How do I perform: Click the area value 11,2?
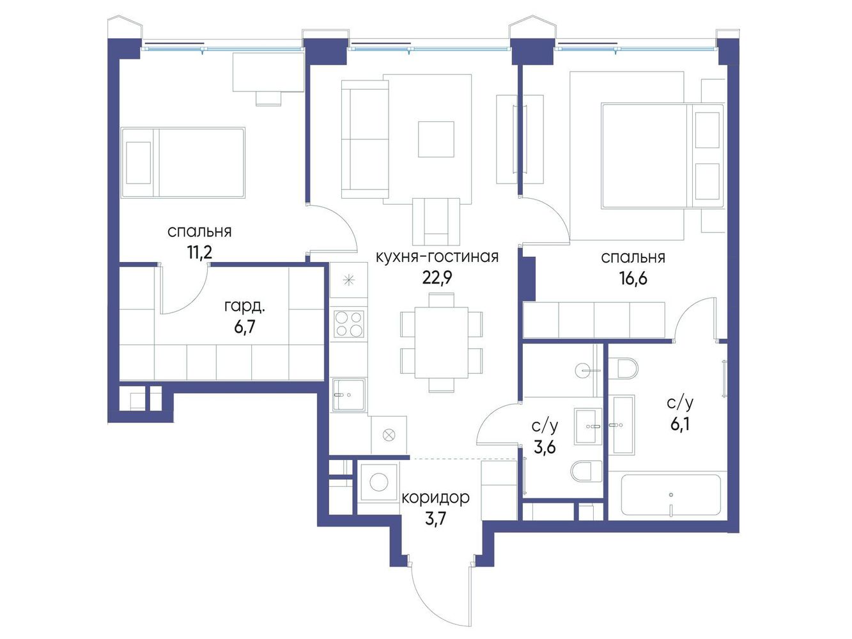[x=200, y=252]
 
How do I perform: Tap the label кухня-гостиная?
[x=437, y=258]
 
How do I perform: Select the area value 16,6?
[x=633, y=279]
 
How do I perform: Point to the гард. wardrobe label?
[x=245, y=306]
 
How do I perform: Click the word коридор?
[x=435, y=497]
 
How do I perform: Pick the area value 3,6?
[x=545, y=447]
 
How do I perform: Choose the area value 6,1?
[x=680, y=424]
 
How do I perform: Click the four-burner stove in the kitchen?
[x=349, y=323]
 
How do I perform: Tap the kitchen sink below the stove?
[x=348, y=394]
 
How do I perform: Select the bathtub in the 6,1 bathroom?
[x=670, y=495]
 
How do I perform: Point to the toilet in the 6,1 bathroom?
[x=623, y=368]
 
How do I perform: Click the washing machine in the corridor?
[x=379, y=482]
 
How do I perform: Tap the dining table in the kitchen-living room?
[x=441, y=343]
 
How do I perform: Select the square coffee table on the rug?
[x=436, y=139]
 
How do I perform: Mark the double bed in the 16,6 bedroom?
[x=662, y=155]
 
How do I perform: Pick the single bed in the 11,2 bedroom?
[x=182, y=162]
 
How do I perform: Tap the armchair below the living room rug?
[x=437, y=221]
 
